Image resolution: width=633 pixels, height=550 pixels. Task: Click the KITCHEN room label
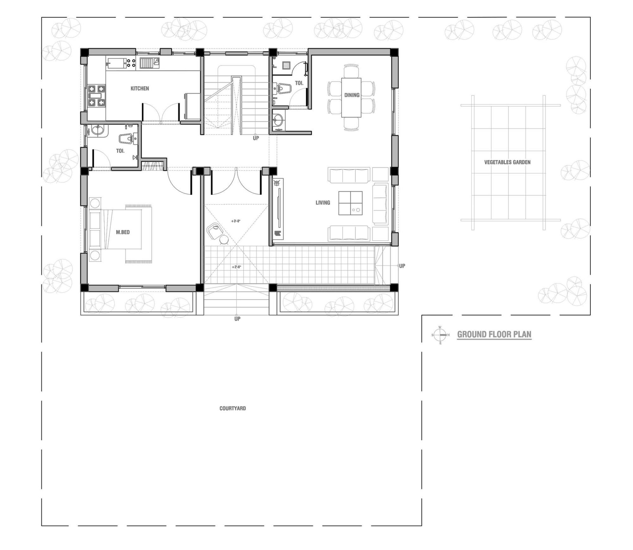coord(140,88)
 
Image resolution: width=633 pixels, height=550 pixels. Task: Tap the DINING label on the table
coord(352,95)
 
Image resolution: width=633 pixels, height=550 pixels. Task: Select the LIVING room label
coord(323,203)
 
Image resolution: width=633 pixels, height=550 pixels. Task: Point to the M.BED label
coord(123,232)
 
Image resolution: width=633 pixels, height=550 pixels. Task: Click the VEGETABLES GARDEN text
coord(507,162)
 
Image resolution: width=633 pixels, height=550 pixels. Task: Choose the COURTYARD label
coord(233,408)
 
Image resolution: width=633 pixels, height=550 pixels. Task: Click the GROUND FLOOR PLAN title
coord(494,334)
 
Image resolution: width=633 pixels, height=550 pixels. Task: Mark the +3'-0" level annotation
coord(236,221)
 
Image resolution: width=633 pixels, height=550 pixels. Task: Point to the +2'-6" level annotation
coord(236,267)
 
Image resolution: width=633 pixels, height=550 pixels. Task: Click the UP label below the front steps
coord(237,319)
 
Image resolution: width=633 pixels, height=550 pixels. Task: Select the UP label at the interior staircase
coord(256,138)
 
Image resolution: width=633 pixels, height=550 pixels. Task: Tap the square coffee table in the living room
coord(350,203)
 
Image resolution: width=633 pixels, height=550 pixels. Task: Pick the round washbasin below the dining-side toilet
coord(278,119)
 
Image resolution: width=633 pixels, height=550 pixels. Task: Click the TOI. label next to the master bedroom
coord(120,151)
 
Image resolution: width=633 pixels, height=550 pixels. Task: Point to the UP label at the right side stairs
coord(402,266)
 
